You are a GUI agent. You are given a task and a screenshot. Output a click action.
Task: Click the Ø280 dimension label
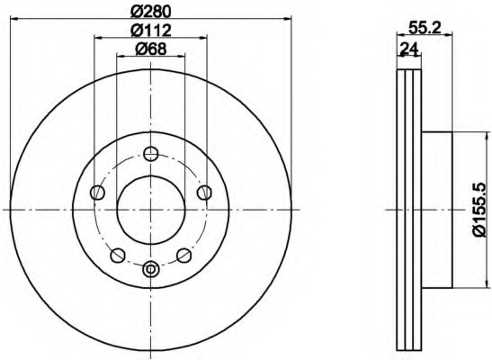pos(151,12)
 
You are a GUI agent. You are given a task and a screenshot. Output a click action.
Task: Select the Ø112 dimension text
pos(151,31)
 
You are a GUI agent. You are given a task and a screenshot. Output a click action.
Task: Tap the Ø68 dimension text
pos(151,49)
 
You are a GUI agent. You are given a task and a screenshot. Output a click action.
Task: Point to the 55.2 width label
pos(425,28)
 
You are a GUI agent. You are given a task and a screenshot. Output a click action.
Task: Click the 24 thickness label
pos(410,49)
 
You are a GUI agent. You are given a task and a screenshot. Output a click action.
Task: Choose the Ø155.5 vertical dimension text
pos(481,211)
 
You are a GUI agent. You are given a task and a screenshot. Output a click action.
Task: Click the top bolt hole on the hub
pos(151,154)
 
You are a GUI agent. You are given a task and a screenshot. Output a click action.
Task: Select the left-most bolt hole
pos(97,193)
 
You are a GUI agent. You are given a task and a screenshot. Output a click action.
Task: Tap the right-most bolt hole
pos(204,193)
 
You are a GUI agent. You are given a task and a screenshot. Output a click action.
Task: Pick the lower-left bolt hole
pos(118,256)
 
